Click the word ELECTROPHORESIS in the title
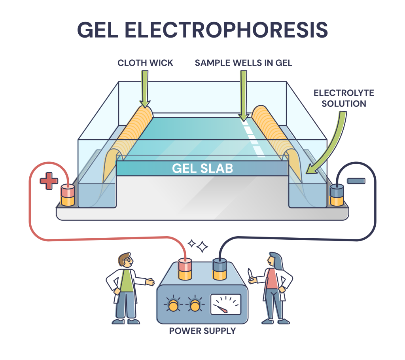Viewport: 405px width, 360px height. click(226, 30)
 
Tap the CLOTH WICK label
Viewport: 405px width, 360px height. click(145, 63)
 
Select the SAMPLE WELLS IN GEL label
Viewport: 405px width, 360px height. click(244, 63)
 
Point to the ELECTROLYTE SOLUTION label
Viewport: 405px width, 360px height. click(344, 98)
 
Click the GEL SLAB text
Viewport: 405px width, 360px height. click(202, 168)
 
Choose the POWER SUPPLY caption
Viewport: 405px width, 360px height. click(202, 331)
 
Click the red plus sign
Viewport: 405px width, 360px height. click(49, 181)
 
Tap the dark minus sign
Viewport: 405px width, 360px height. click(356, 181)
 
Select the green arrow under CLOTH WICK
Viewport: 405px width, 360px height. click(145, 89)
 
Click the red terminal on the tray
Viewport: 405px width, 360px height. click(68, 195)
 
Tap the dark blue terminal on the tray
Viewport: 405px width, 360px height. click(337, 195)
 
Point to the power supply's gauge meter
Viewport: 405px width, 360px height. click(226, 304)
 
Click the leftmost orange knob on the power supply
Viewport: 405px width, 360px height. click(173, 305)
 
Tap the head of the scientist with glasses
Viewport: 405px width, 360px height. click(125, 260)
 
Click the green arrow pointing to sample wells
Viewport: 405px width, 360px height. click(243, 96)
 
